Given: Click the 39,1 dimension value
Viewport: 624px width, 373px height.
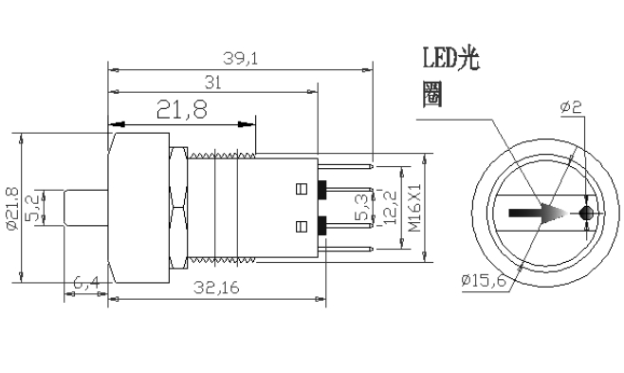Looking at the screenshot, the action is (x=240, y=59).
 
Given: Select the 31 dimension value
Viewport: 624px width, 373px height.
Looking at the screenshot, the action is (x=213, y=83).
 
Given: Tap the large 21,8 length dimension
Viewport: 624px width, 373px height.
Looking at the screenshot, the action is (x=182, y=109).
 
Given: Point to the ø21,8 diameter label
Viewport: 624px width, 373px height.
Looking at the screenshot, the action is (x=12, y=208).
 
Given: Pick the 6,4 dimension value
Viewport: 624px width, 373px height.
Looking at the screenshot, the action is (x=86, y=283).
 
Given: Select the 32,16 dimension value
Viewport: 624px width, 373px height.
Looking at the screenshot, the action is (x=216, y=287).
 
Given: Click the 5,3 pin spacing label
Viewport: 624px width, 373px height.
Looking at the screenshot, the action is (x=361, y=207).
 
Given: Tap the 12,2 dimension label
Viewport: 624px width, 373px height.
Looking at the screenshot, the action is (x=390, y=208).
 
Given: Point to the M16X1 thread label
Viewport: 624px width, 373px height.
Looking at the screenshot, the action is (x=414, y=208).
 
